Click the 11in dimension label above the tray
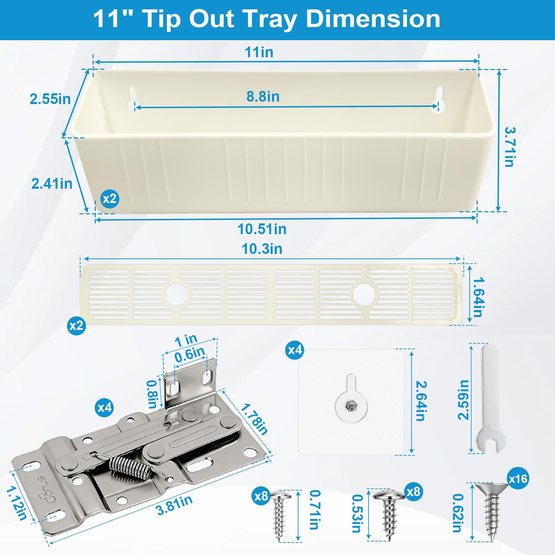[x=259, y=52]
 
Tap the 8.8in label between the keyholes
[x=263, y=96]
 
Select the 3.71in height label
[x=510, y=147]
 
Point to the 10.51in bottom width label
[x=262, y=229]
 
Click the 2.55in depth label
[x=50, y=99]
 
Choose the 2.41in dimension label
[x=52, y=183]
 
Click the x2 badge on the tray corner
[x=110, y=199]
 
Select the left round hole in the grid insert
[x=177, y=294]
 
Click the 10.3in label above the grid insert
[x=262, y=249]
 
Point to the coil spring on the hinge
[x=131, y=467]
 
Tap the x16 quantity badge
[x=518, y=479]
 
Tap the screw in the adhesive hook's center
[x=351, y=405]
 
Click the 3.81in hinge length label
[x=174, y=505]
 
